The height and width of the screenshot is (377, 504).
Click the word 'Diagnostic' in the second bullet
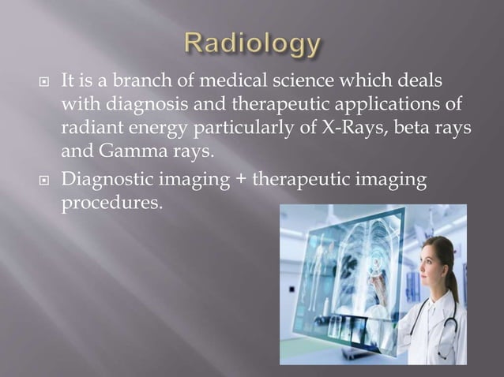pos(100,181)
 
